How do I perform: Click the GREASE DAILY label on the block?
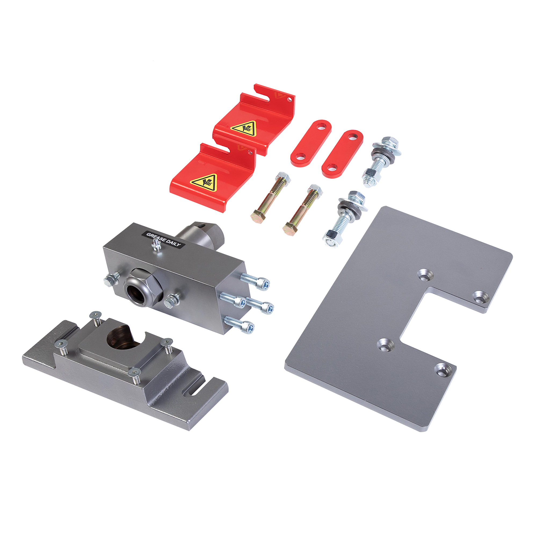164,239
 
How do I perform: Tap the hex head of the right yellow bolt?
289,229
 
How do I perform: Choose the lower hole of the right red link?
332,167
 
